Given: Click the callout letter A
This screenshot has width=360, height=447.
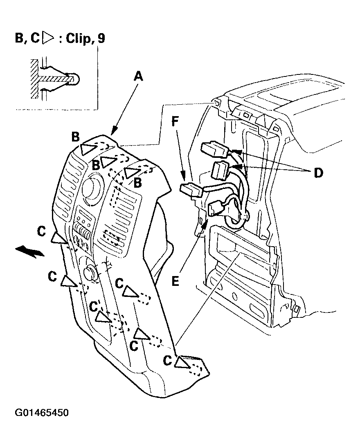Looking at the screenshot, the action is [138, 77].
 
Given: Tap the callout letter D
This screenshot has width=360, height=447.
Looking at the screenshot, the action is [318, 173].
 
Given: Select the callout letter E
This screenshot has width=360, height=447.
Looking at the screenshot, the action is [175, 281].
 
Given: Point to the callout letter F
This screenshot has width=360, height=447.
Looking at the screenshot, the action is [175, 121].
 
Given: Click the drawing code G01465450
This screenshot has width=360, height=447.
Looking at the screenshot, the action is [42, 413].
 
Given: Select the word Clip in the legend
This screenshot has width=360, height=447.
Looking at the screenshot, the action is [79, 38].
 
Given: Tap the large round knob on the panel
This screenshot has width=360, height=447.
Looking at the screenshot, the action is [92, 189].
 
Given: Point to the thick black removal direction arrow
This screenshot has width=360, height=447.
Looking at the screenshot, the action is [30, 252].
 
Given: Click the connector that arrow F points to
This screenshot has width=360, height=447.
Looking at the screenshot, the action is [191, 190].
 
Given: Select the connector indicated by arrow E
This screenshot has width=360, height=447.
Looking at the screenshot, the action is [216, 207].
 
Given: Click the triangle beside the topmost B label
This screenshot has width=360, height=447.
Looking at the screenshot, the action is [88, 149].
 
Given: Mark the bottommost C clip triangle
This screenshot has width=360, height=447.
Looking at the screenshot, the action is [182, 362].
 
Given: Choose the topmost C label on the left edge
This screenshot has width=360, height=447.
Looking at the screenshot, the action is [42, 231].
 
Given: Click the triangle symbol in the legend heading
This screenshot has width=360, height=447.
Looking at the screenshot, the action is [48, 38].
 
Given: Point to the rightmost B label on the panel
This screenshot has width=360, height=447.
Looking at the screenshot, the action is [137, 182].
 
